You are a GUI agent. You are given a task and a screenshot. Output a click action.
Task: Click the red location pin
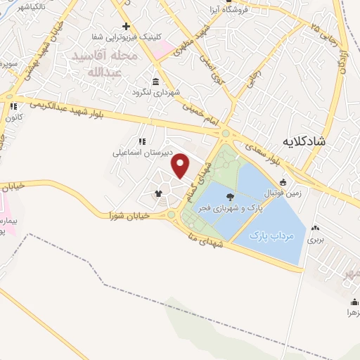[x=181, y=166]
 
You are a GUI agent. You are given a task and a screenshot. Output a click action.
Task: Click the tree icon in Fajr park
[x=231, y=198]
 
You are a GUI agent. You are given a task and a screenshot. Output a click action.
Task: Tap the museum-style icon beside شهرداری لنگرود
[x=155, y=81]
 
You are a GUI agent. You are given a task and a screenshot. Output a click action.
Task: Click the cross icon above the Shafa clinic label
[x=125, y=26]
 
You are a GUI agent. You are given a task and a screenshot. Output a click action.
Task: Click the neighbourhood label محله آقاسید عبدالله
[x=113, y=63]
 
